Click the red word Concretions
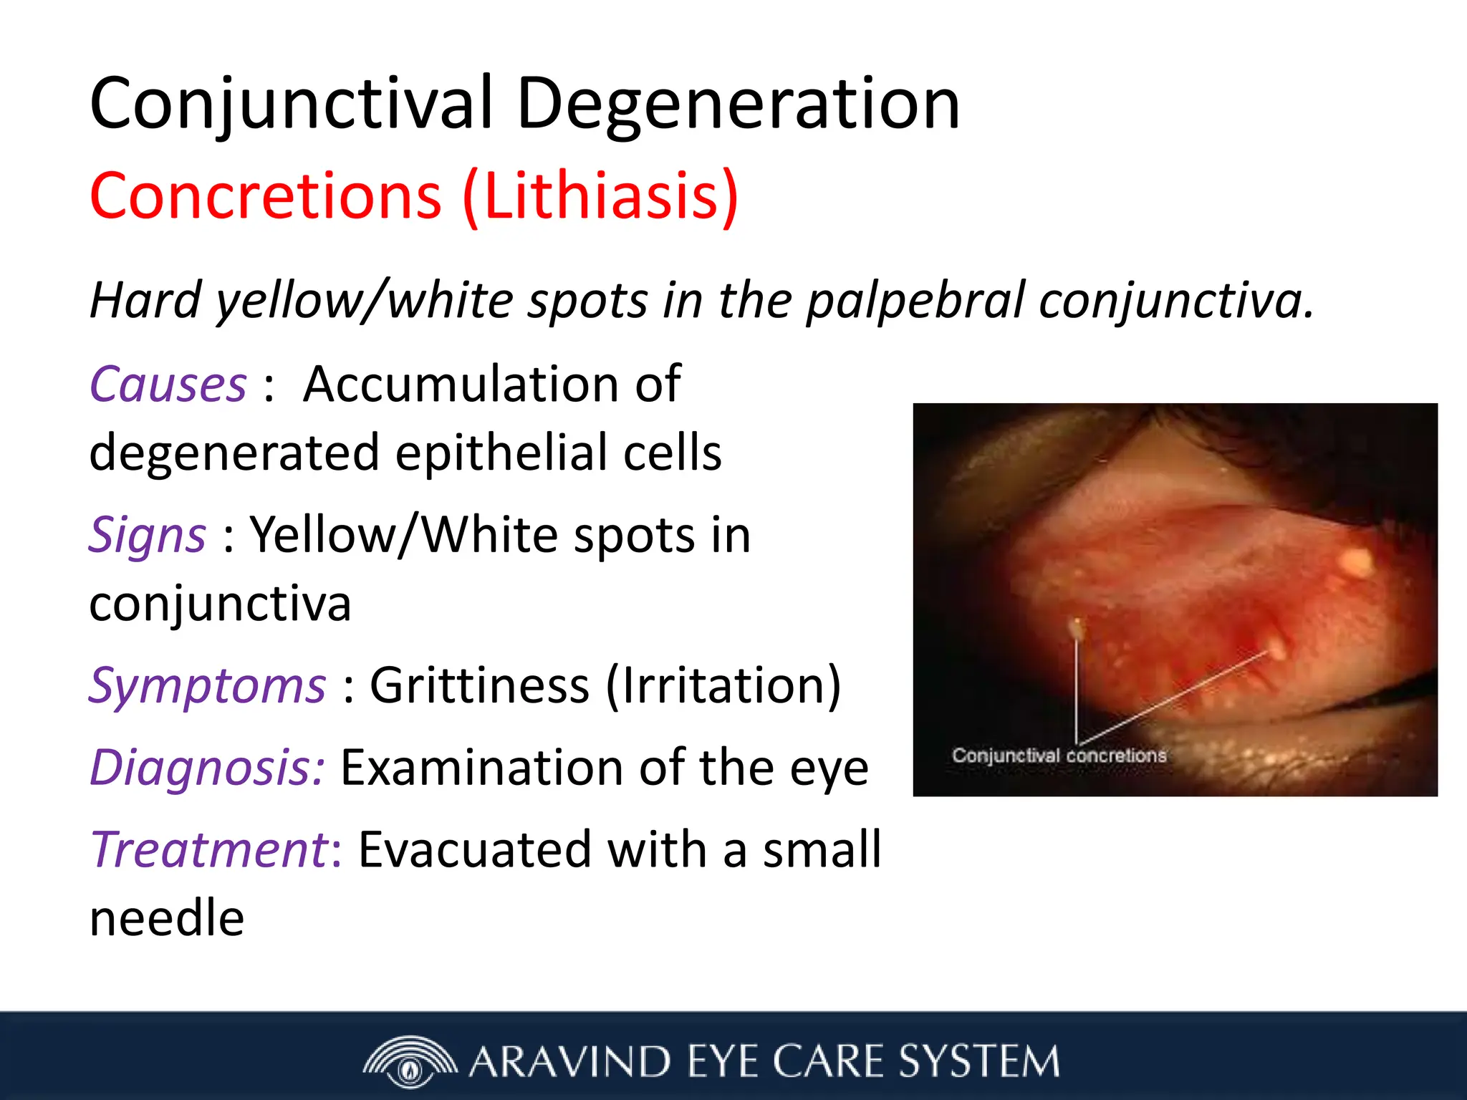(x=266, y=196)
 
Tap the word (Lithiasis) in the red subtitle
(x=600, y=196)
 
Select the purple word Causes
(x=168, y=385)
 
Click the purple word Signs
(x=148, y=536)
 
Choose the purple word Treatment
(x=209, y=850)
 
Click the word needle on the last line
(x=167, y=919)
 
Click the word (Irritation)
(x=723, y=686)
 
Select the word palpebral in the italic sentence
(x=916, y=301)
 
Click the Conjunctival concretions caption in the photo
(x=1059, y=756)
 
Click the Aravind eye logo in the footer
(x=410, y=1061)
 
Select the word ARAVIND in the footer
(x=569, y=1061)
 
